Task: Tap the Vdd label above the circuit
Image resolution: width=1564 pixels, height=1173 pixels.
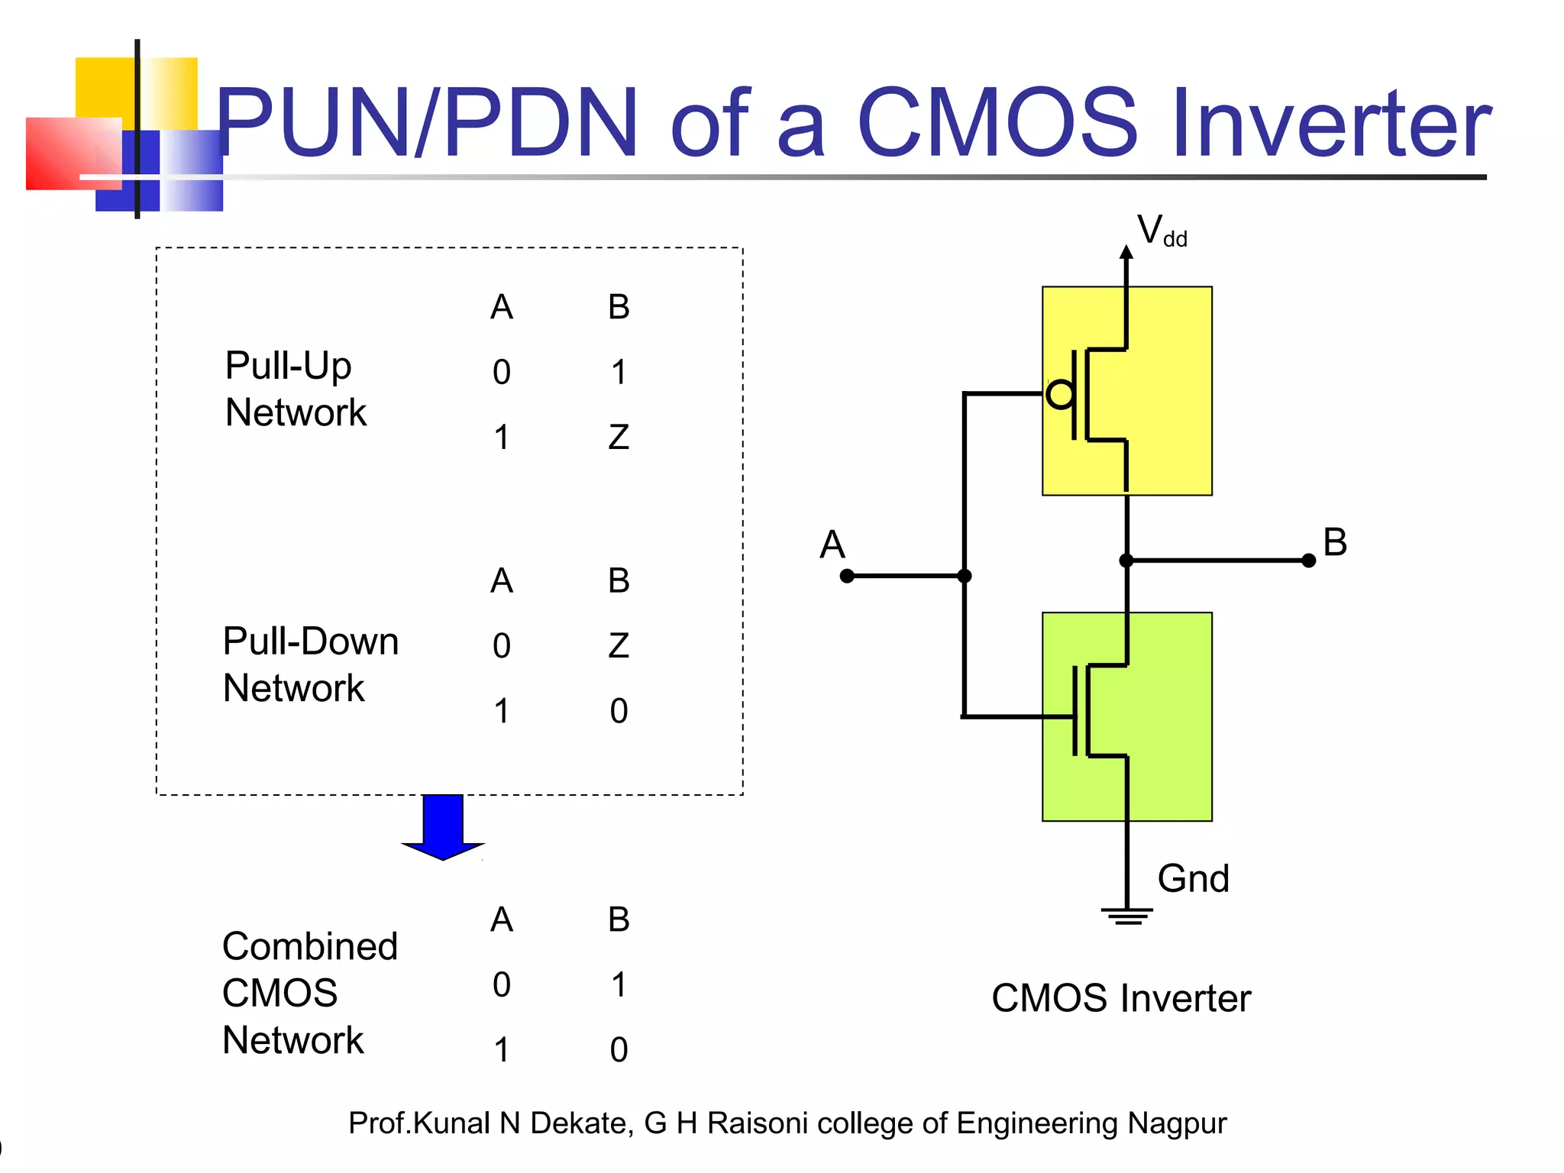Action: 1161,231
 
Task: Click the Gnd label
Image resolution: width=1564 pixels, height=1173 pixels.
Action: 1193,879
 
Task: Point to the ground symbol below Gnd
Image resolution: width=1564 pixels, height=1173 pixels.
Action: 1127,916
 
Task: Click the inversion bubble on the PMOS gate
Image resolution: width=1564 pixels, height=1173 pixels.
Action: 1060,394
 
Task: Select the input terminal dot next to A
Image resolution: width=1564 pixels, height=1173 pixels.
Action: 847,576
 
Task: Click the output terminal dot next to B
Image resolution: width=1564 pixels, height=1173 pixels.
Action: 1308,561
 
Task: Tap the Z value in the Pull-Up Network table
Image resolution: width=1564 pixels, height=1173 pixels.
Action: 619,438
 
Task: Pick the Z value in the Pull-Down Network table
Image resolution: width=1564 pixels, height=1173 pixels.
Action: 619,646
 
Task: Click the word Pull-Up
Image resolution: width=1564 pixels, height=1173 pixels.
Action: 288,367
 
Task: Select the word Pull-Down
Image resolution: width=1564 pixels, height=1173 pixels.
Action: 310,641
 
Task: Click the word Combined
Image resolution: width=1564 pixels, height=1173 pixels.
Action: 310,947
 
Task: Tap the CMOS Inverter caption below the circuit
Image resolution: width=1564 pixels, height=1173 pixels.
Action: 1121,998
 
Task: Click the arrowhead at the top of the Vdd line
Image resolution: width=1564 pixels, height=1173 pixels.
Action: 1126,252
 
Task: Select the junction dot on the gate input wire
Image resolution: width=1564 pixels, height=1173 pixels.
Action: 965,576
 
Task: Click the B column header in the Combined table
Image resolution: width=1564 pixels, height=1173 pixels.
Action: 619,919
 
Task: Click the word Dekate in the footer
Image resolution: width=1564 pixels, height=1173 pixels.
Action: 581,1123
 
